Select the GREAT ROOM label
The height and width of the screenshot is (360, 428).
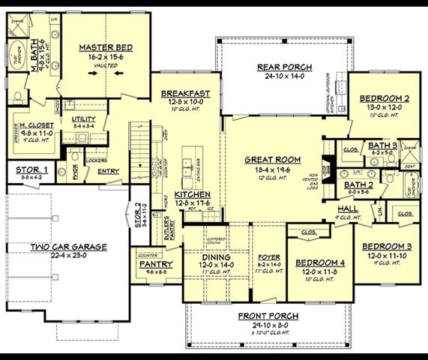click(x=273, y=160)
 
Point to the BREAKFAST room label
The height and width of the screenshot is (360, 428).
click(x=185, y=94)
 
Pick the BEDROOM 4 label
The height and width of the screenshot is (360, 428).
click(x=319, y=263)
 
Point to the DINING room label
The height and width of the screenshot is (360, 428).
click(x=216, y=256)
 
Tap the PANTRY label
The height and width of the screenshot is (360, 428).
click(x=156, y=264)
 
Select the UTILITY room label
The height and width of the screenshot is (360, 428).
click(x=83, y=119)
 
